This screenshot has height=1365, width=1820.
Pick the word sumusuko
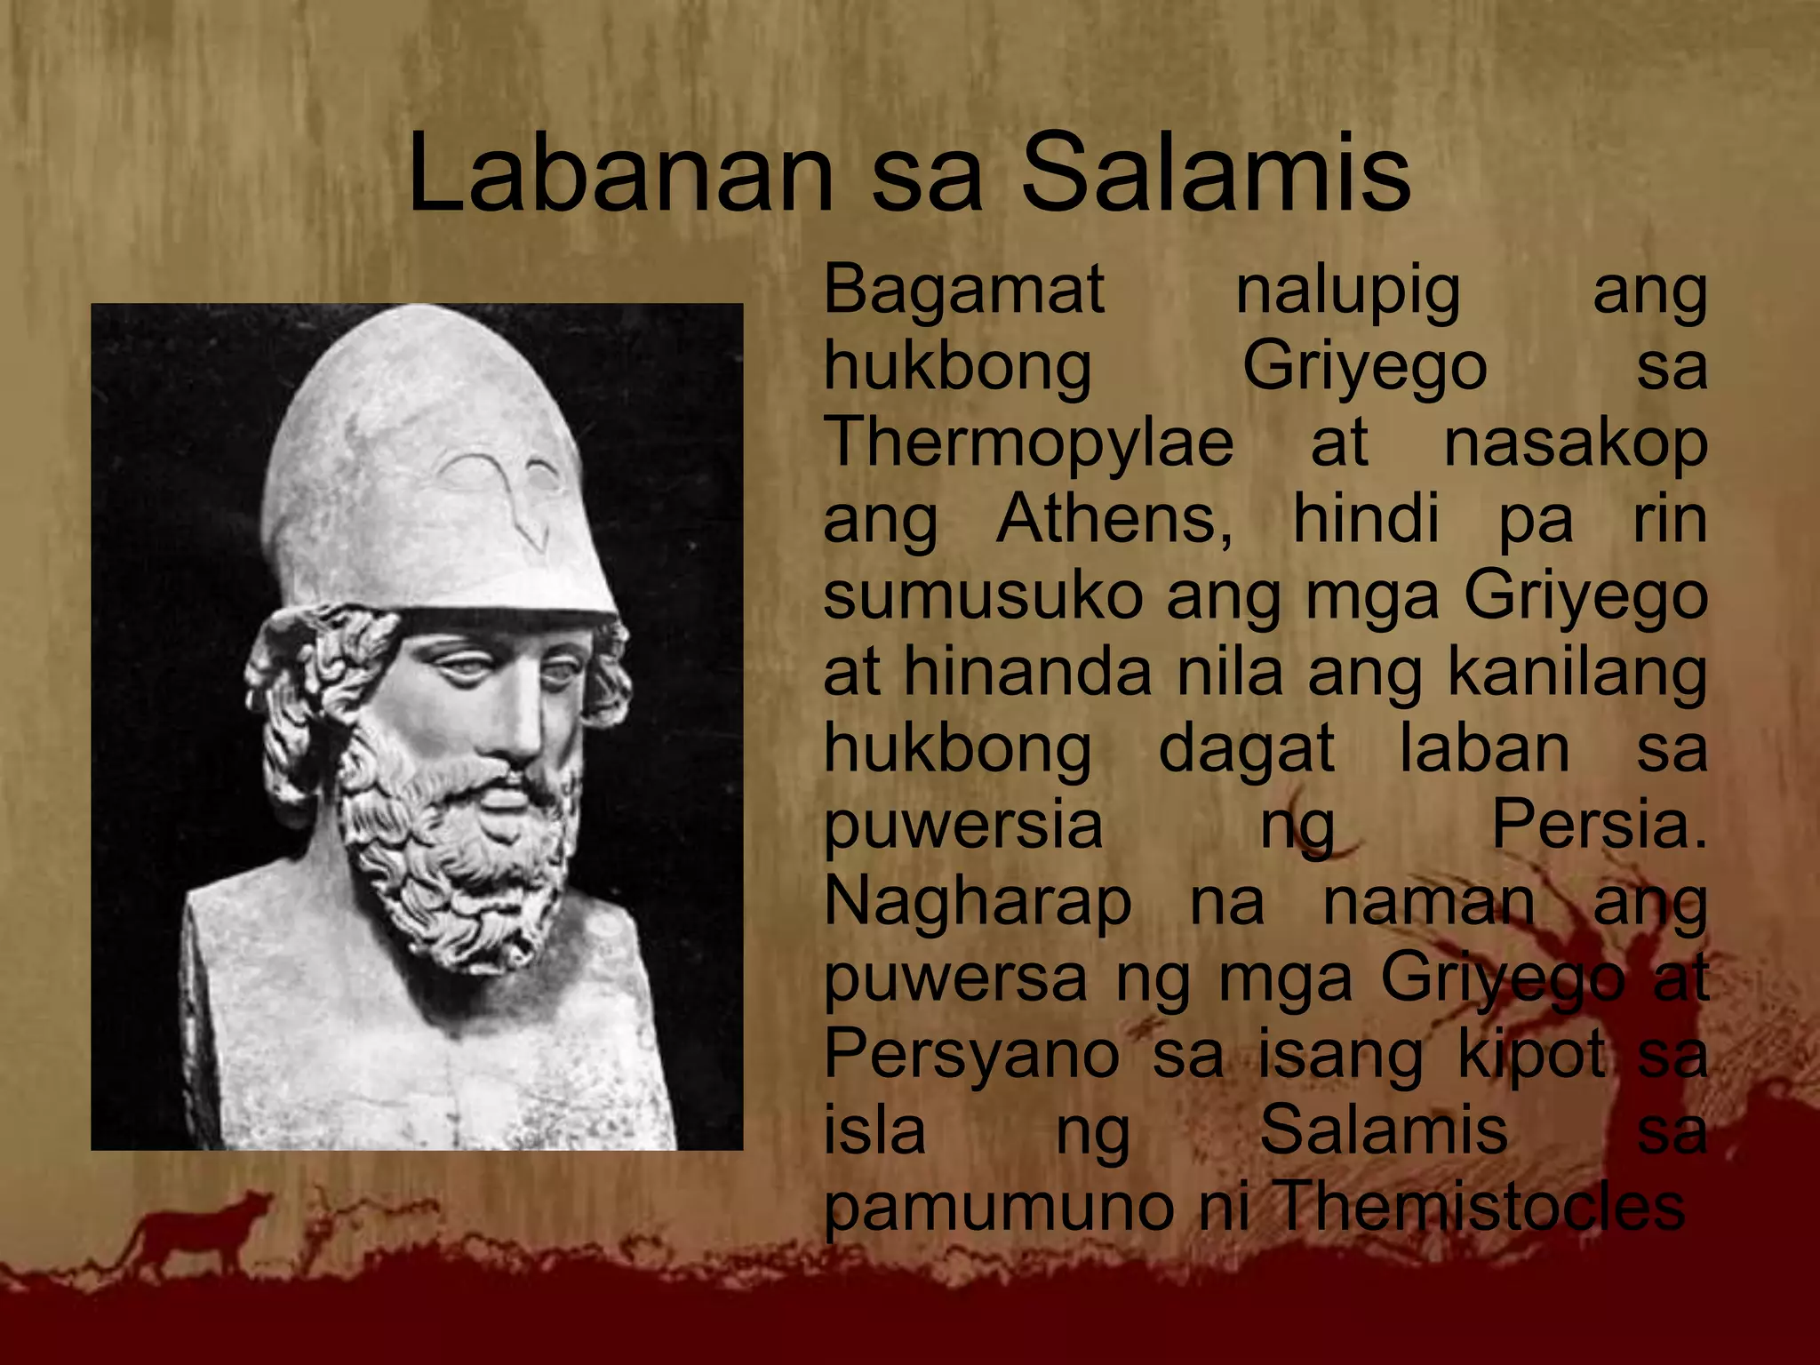point(983,595)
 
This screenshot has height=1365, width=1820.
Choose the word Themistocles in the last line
point(1480,1206)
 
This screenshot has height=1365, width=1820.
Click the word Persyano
point(971,1053)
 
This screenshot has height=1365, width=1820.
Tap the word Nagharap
point(978,902)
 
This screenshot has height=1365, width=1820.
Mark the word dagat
point(1246,749)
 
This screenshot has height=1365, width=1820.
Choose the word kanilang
point(1577,673)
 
